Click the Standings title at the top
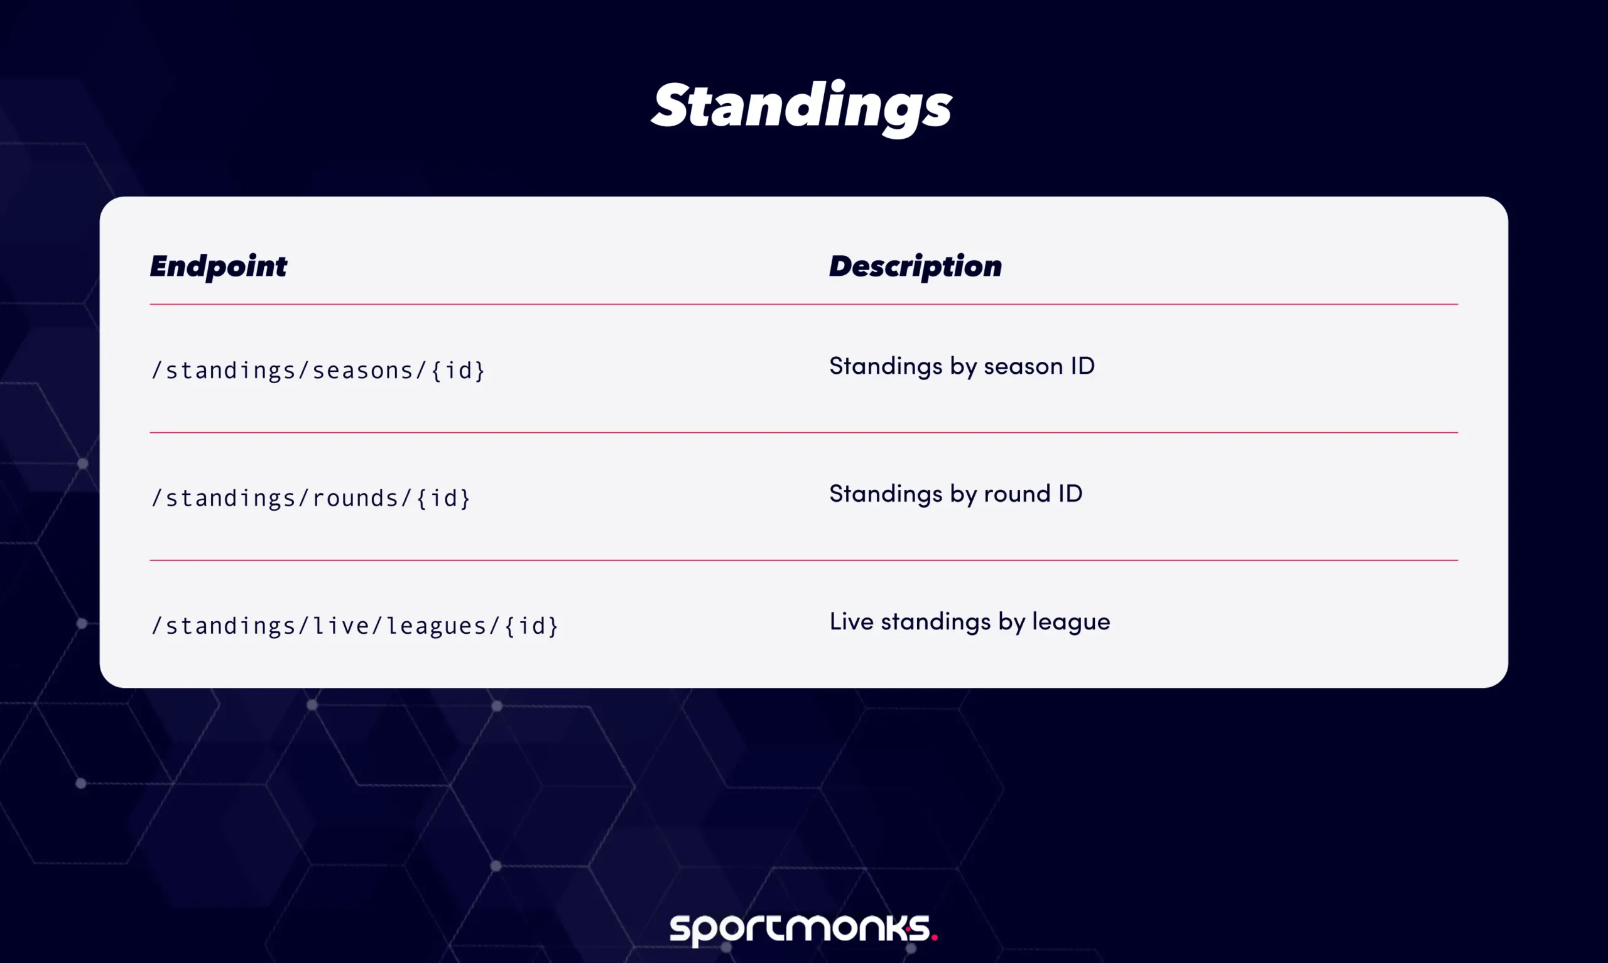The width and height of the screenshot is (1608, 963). point(801,107)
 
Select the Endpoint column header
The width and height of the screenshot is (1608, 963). point(218,266)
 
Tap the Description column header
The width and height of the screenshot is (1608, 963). point(915,266)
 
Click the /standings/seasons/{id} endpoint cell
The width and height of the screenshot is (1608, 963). point(318,370)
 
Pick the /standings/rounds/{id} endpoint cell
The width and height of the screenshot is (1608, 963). point(310,498)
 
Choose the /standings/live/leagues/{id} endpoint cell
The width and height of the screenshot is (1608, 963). point(354,626)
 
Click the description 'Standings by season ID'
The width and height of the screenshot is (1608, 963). point(962,366)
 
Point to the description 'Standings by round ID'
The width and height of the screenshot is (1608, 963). point(955,494)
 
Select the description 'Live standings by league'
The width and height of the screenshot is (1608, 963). point(970,622)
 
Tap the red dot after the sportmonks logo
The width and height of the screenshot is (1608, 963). point(934,937)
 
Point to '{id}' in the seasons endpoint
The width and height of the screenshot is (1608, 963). point(458,370)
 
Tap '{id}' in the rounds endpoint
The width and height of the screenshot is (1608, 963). point(443,498)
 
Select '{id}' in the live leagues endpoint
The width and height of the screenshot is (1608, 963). point(531,626)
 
